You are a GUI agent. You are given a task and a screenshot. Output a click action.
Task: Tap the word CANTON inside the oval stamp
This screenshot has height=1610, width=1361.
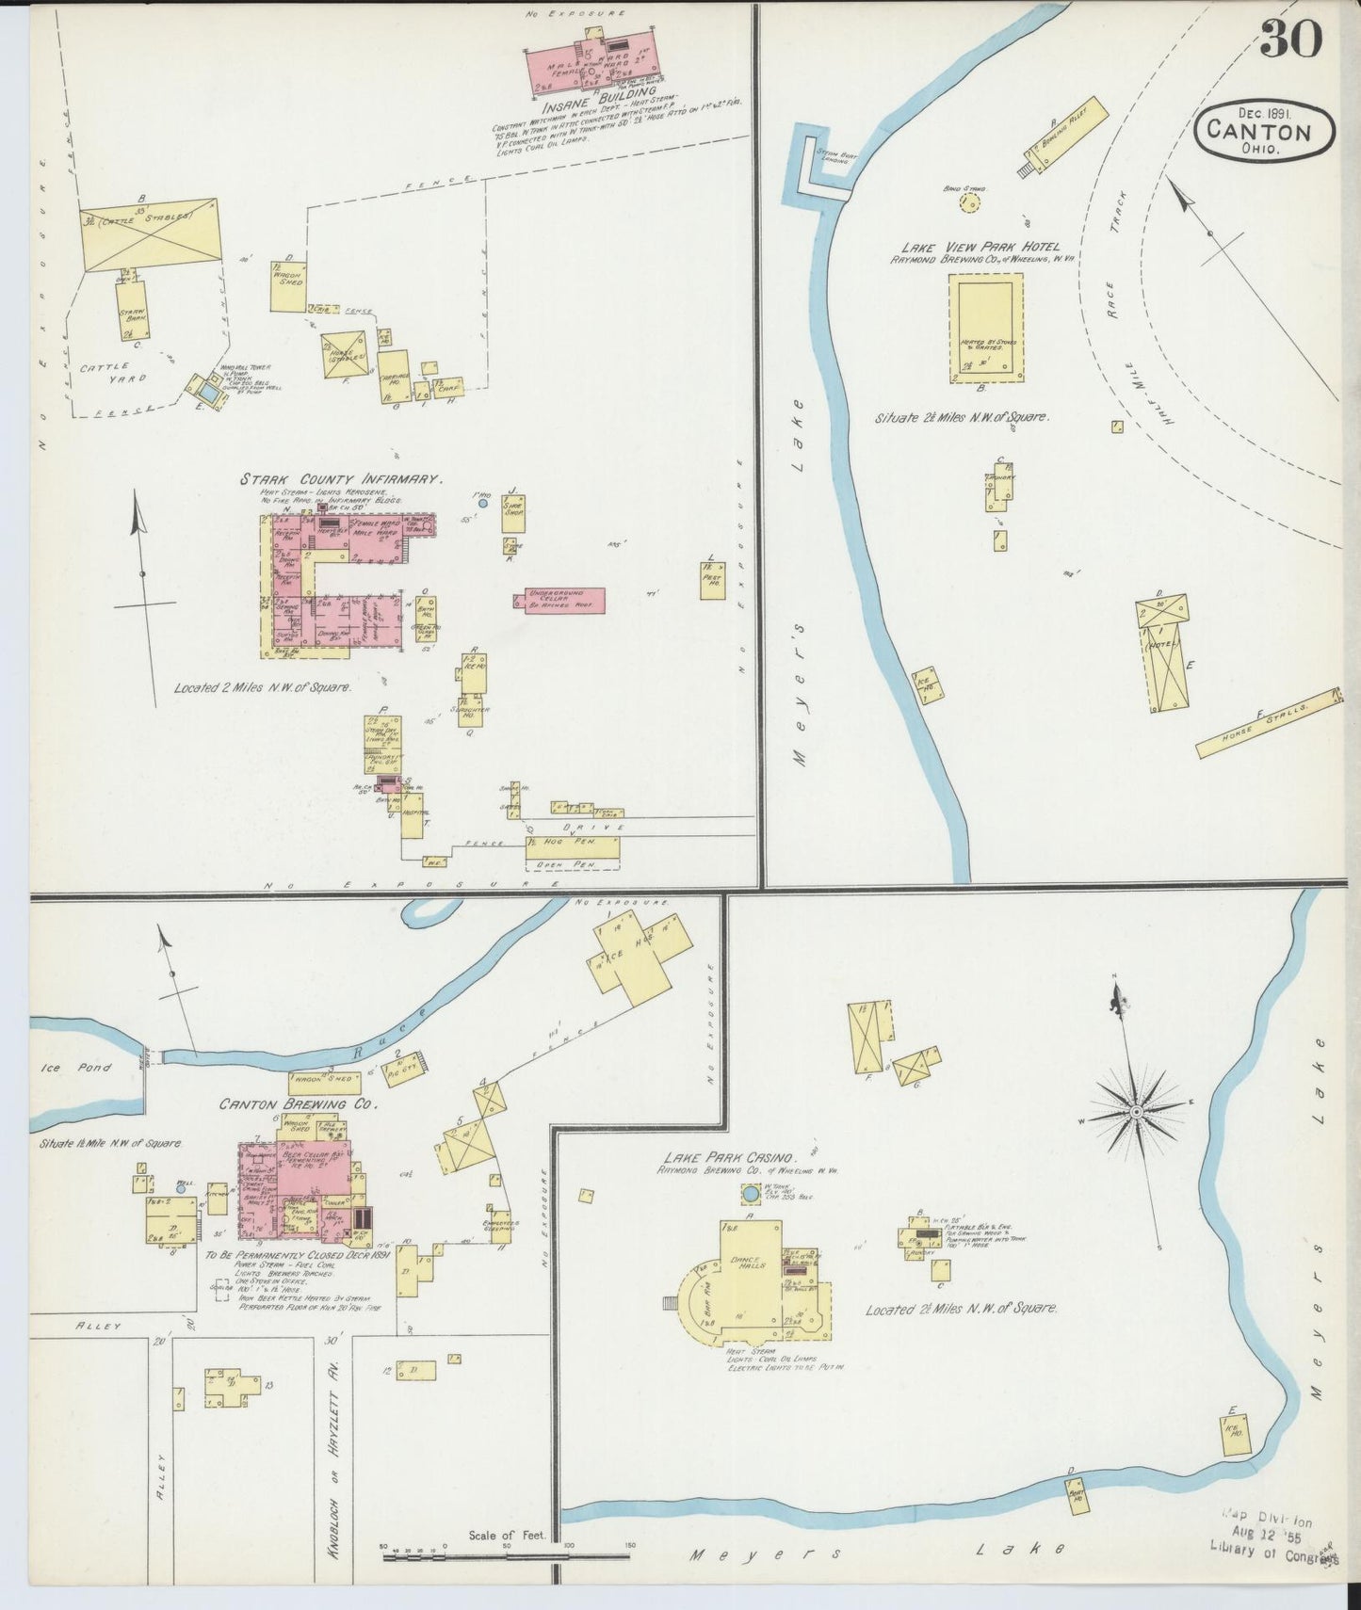click(x=1266, y=131)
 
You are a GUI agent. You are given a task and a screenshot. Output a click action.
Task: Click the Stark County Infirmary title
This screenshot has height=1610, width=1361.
click(x=340, y=479)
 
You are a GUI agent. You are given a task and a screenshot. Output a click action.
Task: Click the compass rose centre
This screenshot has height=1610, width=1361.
click(x=1137, y=1112)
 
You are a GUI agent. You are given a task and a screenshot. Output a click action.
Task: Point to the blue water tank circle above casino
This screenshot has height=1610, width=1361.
click(x=751, y=1195)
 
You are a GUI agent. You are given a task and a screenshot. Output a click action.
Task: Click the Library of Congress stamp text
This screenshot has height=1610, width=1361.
click(x=1272, y=1550)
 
